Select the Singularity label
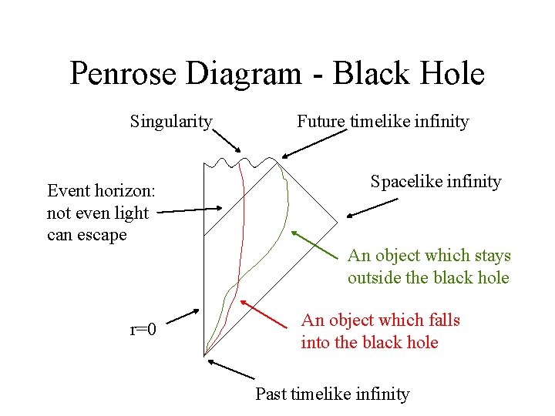click(171, 122)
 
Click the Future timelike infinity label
click(383, 122)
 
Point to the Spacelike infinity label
click(436, 182)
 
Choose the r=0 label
click(143, 330)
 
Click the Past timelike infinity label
click(332, 394)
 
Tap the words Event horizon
click(101, 190)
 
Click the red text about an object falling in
click(380, 331)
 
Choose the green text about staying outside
click(429, 267)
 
